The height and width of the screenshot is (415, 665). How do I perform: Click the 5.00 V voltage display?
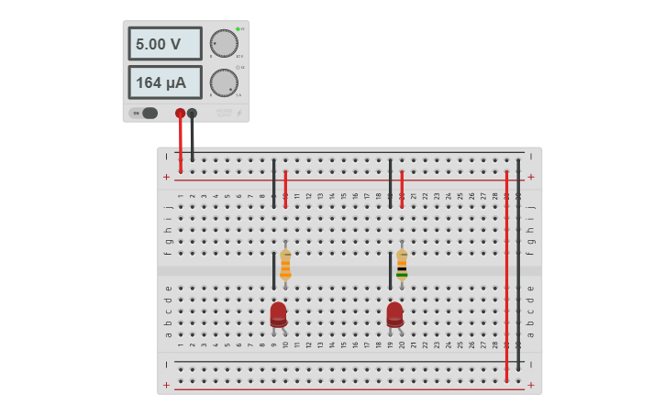164,44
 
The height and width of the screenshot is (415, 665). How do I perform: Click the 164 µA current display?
164,82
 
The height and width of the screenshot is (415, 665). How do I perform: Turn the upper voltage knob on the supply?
224,43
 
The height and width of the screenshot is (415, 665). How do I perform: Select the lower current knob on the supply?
224,82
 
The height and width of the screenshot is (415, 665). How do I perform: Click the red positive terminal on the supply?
180,114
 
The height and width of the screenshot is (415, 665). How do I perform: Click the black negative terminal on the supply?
192,114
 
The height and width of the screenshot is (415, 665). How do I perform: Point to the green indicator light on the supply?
238,28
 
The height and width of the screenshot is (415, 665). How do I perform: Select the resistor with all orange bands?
285,264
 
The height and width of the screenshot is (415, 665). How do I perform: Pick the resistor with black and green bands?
402,264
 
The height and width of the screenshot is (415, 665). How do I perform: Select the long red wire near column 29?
506,275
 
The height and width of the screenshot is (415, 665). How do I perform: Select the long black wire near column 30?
518,266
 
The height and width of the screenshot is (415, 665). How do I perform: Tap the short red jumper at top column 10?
285,189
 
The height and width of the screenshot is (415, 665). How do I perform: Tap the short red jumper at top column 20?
402,189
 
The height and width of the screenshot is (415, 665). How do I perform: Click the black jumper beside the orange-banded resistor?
273,271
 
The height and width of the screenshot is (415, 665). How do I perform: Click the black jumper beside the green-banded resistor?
390,271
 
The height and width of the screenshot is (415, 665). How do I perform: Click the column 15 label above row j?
343,196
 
